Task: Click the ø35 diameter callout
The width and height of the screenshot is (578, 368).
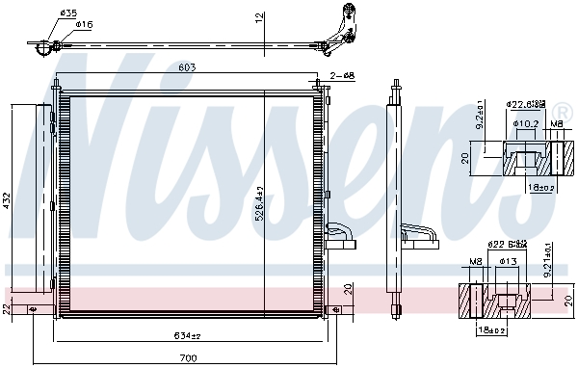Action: pos(68,13)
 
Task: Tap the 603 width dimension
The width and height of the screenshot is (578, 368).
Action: pos(189,67)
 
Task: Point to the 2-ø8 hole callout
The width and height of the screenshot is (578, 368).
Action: pos(343,75)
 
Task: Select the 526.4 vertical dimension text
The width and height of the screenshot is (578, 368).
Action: pos(258,204)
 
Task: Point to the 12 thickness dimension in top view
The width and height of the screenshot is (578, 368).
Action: pos(258,18)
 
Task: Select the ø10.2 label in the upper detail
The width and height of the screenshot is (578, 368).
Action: pos(525,123)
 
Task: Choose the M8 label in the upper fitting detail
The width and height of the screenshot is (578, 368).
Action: pos(556,123)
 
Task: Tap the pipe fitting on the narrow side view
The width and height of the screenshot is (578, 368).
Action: pos(418,232)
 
